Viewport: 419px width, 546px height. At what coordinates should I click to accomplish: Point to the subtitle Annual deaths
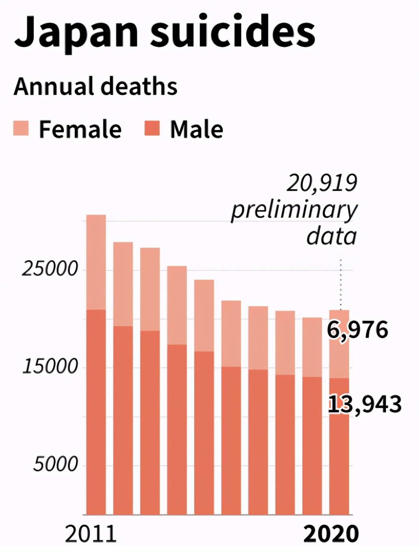95,86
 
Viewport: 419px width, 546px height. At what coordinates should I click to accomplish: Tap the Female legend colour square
21,128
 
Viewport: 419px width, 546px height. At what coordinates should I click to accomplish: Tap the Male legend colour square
152,128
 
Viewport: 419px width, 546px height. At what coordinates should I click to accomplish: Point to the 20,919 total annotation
322,183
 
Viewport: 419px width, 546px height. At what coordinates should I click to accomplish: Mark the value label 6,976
357,330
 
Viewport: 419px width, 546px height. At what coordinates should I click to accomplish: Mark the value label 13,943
365,404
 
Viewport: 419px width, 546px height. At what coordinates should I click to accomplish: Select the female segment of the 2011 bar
96,262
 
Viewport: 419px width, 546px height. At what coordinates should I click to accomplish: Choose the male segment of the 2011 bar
96,412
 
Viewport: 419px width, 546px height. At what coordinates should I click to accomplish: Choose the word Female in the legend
80,129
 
